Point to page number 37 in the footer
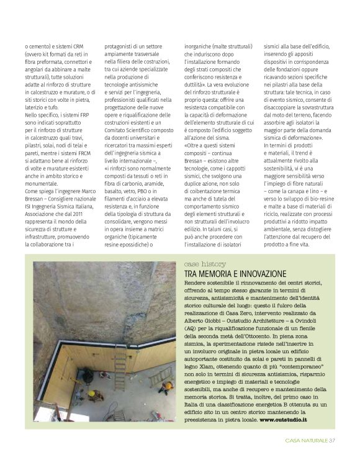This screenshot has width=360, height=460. tap(332, 441)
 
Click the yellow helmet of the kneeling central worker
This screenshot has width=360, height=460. tap(91, 394)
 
